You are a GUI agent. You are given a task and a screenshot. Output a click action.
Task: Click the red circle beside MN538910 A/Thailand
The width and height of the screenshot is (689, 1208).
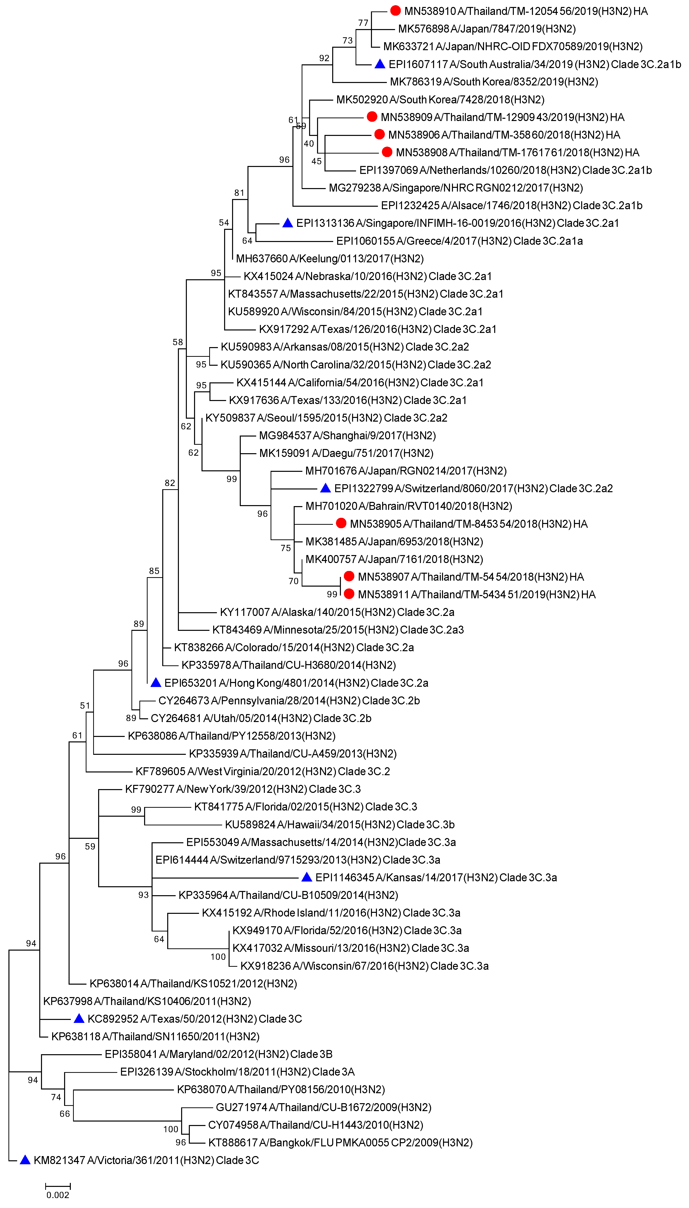(x=396, y=10)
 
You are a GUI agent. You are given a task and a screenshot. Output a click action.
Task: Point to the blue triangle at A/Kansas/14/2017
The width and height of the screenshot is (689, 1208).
(x=307, y=877)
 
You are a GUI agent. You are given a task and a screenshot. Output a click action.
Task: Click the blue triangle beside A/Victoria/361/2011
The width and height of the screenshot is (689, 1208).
(x=25, y=1160)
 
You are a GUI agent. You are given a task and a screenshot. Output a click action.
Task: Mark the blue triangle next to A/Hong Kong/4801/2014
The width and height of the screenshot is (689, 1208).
(x=156, y=682)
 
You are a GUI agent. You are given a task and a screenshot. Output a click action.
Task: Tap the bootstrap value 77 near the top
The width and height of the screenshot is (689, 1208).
(x=363, y=23)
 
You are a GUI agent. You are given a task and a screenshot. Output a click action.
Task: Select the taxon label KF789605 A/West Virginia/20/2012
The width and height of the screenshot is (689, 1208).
(x=263, y=771)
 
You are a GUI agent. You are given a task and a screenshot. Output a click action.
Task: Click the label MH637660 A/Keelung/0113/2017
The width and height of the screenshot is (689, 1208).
(x=330, y=258)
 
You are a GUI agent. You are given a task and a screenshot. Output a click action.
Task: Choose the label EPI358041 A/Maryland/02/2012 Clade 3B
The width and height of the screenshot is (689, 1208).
(x=219, y=1054)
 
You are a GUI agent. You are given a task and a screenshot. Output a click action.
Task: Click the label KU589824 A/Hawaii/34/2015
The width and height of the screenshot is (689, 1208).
(x=340, y=824)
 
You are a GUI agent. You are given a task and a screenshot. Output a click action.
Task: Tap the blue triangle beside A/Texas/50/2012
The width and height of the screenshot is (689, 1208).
(x=79, y=1018)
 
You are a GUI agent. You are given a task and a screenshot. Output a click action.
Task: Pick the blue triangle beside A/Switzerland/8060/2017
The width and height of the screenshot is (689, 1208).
(x=325, y=488)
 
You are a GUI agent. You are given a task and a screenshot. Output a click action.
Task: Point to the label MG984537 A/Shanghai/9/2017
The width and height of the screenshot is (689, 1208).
(x=347, y=435)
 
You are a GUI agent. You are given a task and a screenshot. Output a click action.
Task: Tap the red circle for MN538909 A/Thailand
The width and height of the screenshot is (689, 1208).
(x=372, y=116)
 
